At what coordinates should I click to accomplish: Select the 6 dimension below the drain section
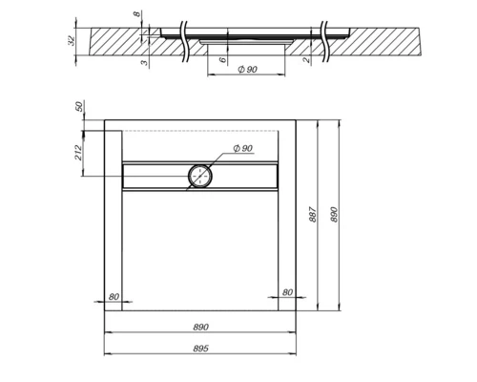[221, 60]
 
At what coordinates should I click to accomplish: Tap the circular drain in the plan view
[201, 175]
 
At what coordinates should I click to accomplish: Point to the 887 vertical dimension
[312, 214]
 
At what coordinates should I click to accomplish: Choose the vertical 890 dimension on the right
[333, 214]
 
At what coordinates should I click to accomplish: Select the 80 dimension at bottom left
[114, 297]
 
